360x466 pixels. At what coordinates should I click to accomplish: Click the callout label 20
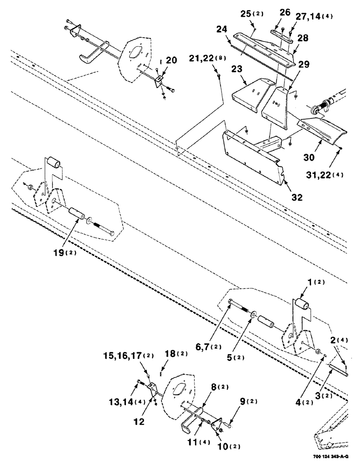coord(171,61)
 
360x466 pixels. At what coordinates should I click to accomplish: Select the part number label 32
coord(284,197)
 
